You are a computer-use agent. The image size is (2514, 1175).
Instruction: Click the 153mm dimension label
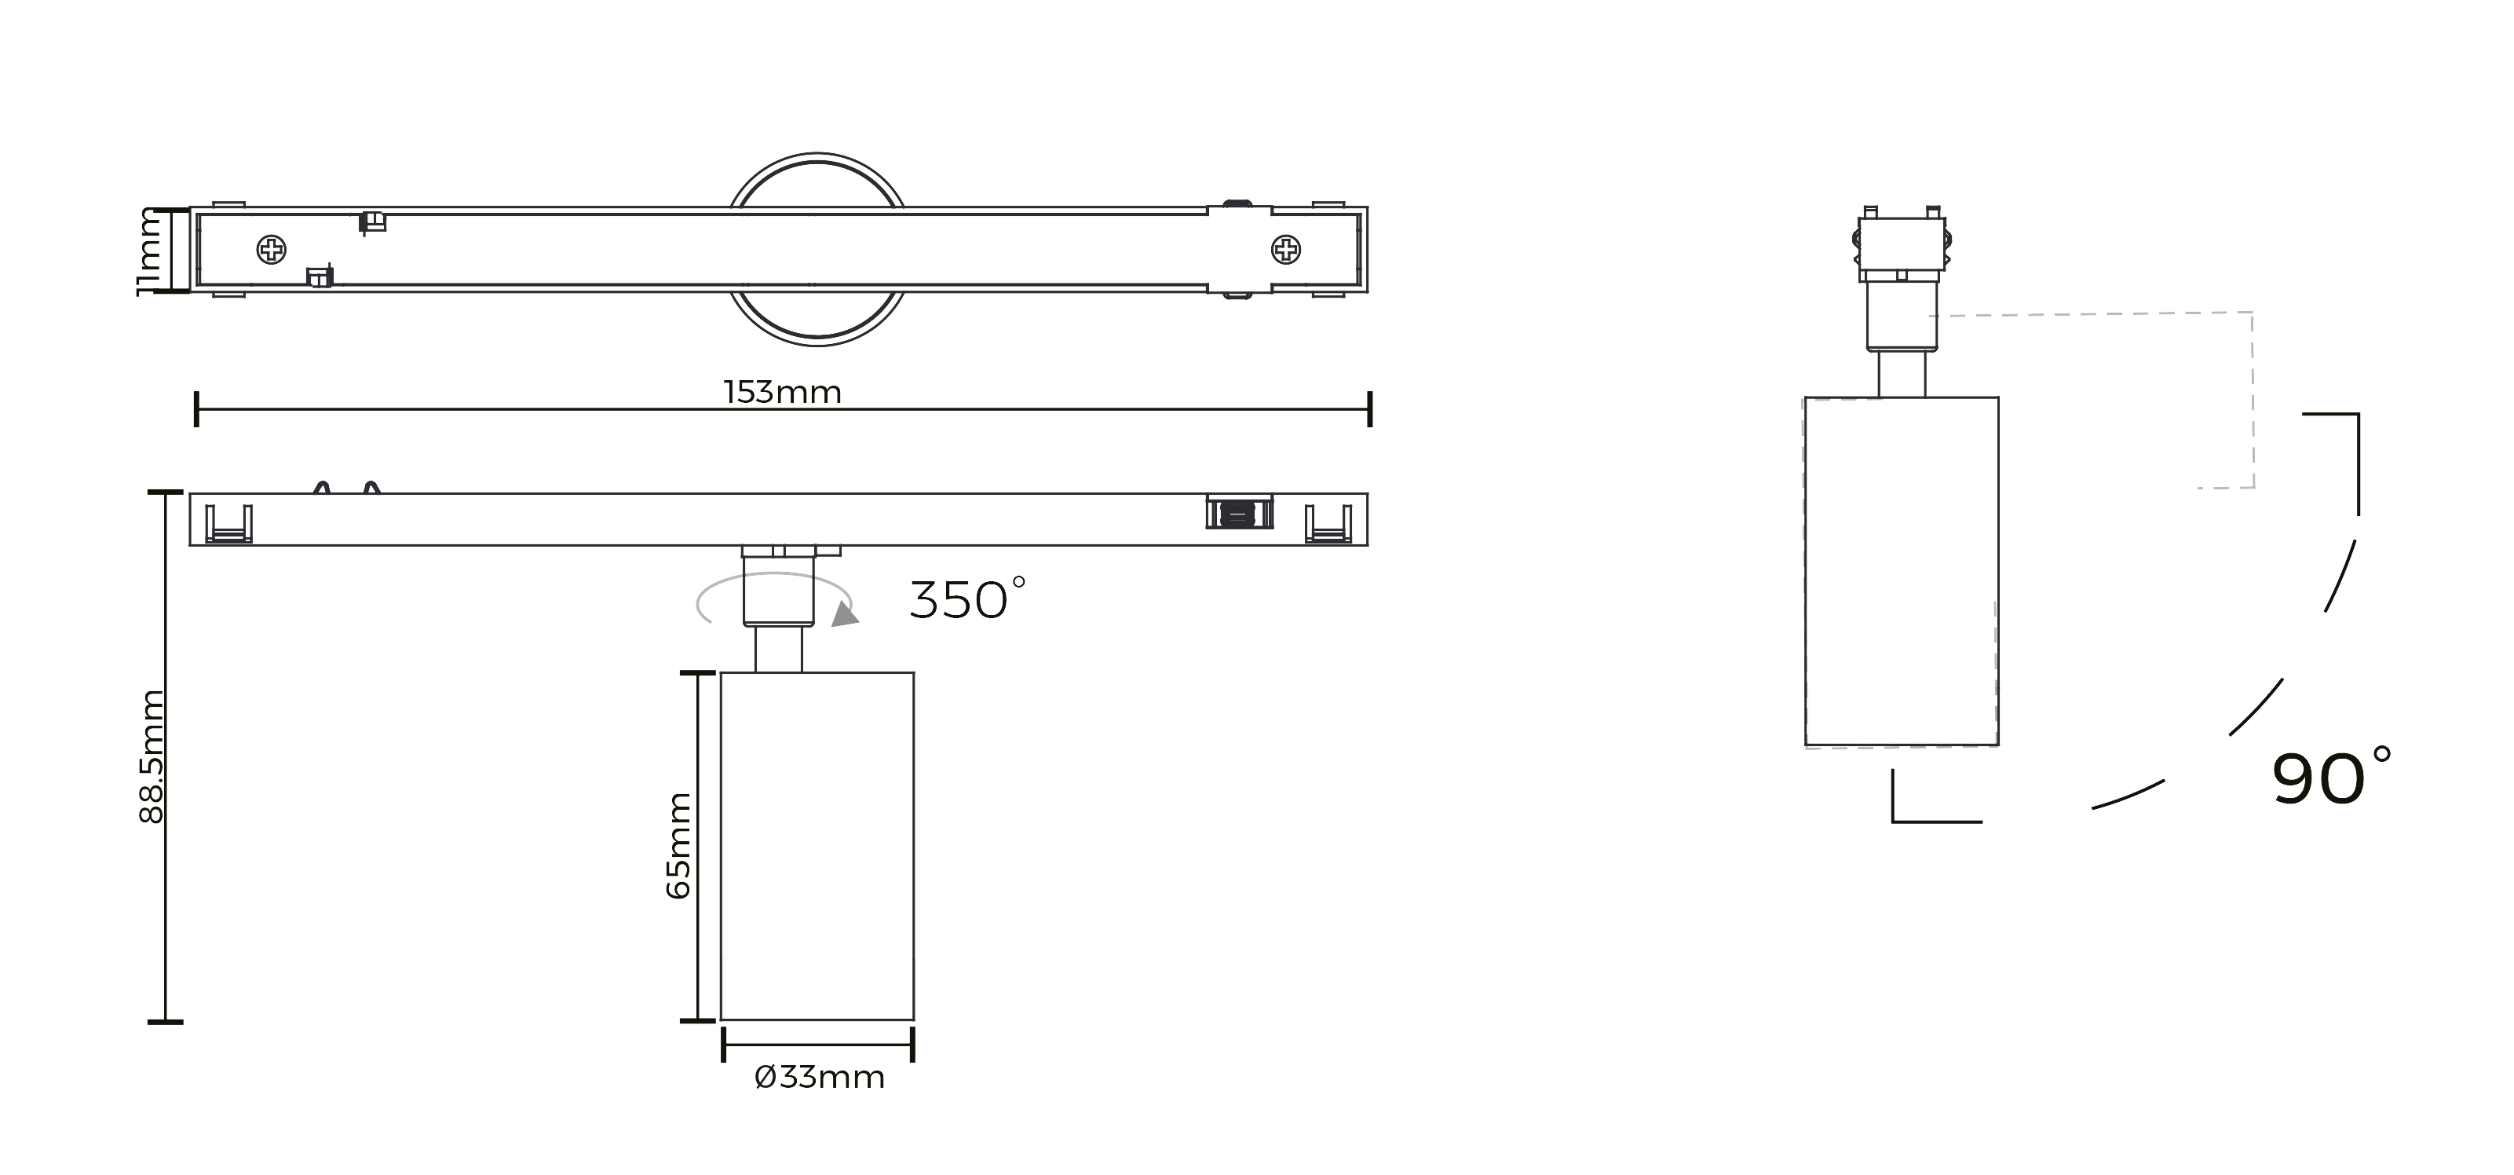tap(782, 392)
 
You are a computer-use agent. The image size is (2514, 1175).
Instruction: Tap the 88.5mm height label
tap(152, 756)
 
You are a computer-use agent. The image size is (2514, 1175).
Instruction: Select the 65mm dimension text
tap(678, 845)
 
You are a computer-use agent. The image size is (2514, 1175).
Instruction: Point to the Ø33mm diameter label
tap(820, 1078)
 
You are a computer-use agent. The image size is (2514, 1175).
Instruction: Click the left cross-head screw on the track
tap(272, 251)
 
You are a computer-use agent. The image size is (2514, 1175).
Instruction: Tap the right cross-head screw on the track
tap(1286, 251)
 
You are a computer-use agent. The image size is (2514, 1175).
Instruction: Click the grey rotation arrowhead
tap(845, 614)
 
